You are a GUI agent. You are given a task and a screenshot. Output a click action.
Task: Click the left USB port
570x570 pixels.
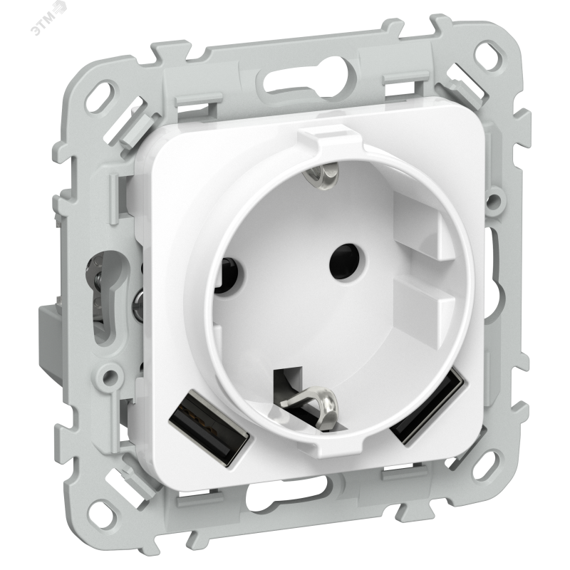coord(209,427)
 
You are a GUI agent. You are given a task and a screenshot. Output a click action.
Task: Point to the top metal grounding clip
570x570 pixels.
coord(323,175)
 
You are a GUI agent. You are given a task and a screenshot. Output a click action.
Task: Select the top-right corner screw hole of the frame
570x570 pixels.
coord(487,56)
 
